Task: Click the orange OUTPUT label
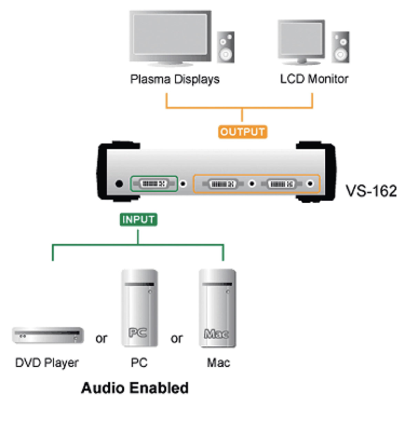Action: [242, 132]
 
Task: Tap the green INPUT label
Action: [138, 219]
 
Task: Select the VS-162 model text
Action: [371, 191]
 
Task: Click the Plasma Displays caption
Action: [175, 79]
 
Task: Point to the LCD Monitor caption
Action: [314, 79]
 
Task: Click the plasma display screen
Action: [170, 34]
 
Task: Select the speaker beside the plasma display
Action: [226, 47]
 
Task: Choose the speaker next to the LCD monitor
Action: [341, 47]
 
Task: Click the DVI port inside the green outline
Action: [154, 184]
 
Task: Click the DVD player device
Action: [48, 335]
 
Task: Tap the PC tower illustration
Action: [139, 308]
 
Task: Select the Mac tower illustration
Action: [217, 308]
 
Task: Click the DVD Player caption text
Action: [47, 363]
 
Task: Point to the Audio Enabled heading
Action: [135, 388]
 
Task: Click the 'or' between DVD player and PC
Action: [101, 338]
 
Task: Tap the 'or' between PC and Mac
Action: [177, 338]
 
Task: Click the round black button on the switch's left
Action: [119, 184]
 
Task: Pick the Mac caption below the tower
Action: [218, 363]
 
